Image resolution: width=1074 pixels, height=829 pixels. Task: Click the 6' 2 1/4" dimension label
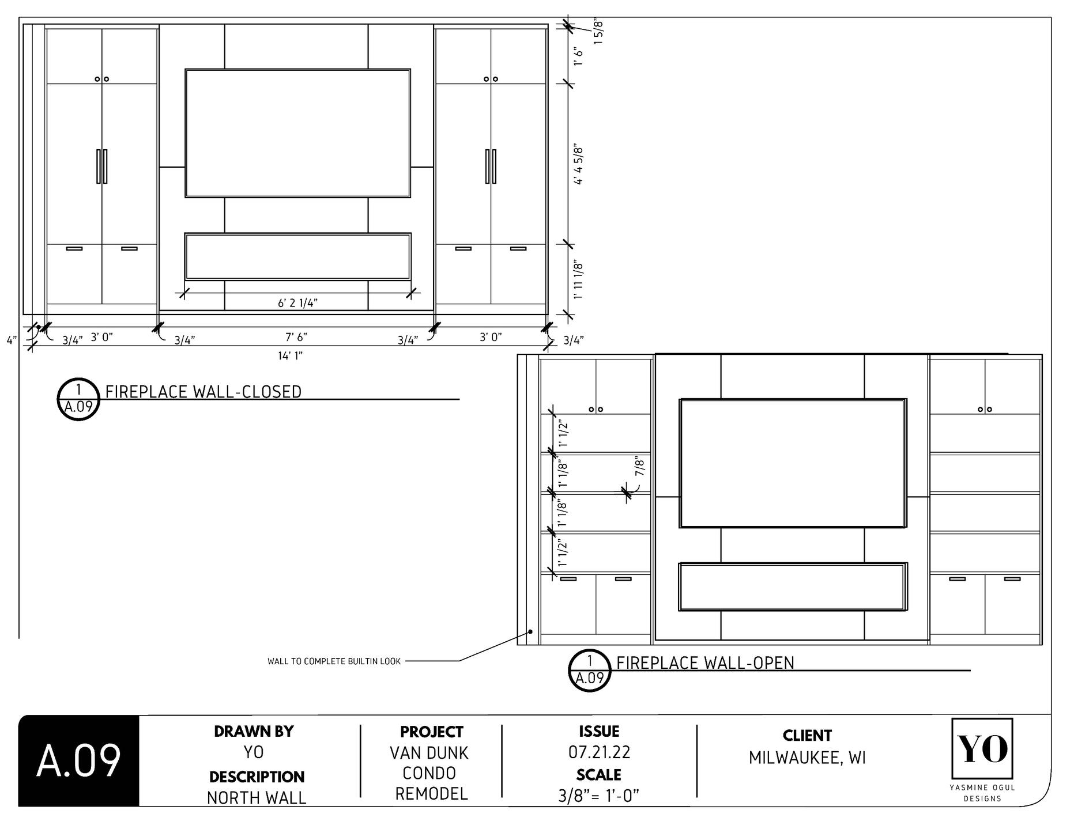click(x=297, y=303)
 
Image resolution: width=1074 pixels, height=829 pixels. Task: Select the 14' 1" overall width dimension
click(x=290, y=355)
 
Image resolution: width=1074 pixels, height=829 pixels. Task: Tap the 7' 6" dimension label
click(x=296, y=336)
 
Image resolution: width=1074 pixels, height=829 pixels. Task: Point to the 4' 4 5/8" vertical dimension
click(x=579, y=165)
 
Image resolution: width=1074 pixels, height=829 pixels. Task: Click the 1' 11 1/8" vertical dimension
click(x=579, y=281)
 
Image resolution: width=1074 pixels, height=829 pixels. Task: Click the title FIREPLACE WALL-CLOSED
click(x=203, y=392)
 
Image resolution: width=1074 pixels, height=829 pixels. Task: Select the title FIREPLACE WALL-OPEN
click(x=705, y=663)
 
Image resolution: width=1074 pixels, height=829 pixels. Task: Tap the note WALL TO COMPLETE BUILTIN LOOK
click(x=334, y=661)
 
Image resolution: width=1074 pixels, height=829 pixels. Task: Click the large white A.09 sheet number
click(x=79, y=761)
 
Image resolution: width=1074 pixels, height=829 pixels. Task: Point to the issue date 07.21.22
click(x=599, y=752)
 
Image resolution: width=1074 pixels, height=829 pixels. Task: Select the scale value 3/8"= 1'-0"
click(x=599, y=796)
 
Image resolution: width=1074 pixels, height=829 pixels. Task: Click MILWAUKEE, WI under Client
click(x=807, y=758)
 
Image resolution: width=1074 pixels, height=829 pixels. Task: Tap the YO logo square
click(x=982, y=748)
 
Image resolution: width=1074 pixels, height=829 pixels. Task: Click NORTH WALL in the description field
click(x=257, y=798)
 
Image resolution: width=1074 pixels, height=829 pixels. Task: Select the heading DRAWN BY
click(x=254, y=732)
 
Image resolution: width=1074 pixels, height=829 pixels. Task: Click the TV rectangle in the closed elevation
click(x=297, y=133)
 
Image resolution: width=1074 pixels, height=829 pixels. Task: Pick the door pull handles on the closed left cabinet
click(x=102, y=166)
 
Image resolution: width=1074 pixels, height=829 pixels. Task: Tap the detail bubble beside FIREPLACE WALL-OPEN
click(x=590, y=670)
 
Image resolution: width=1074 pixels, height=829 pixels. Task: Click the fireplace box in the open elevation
click(x=793, y=586)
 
